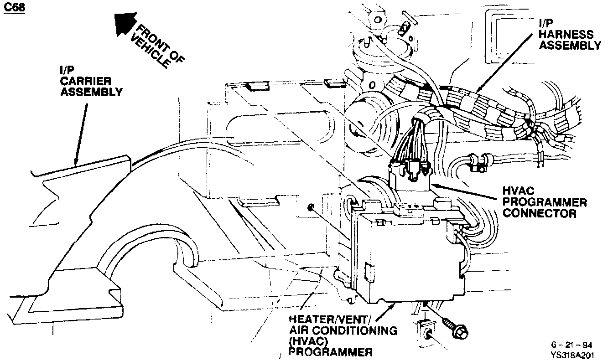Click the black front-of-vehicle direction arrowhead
(x=124, y=23)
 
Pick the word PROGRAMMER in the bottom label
(x=330, y=351)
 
